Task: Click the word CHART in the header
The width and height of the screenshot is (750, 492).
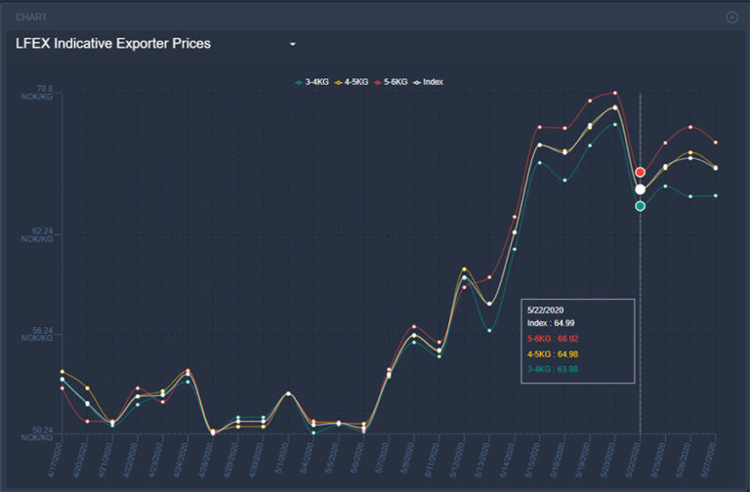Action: tap(31, 17)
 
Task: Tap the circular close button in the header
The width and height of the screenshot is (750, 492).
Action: tap(732, 17)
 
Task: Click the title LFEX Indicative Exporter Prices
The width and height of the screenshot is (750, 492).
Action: tap(113, 44)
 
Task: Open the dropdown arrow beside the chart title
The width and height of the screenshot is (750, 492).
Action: tap(292, 45)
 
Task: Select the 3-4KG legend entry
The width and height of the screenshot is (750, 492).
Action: tap(312, 82)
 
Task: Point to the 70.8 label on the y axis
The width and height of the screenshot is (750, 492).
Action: tap(45, 89)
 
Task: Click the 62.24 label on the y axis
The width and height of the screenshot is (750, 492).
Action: tap(40, 232)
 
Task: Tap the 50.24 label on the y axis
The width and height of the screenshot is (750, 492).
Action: tap(40, 430)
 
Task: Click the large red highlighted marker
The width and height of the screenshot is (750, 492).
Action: tap(640, 173)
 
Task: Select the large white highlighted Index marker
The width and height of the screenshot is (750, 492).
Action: tap(640, 189)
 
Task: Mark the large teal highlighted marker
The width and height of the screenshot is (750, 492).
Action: tap(640, 206)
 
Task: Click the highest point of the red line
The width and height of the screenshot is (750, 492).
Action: tap(615, 93)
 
